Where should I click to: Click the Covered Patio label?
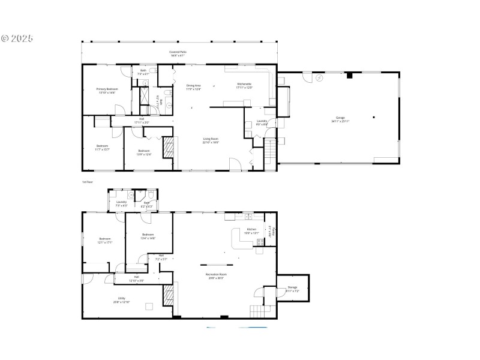coord(178,52)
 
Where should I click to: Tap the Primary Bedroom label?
coord(107,89)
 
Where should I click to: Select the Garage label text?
coord(340,118)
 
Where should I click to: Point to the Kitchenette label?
coord(244,84)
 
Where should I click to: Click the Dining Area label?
coord(193,85)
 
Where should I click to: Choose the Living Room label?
coord(210,139)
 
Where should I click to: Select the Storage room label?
coord(292,287)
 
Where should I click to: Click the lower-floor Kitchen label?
coord(251,229)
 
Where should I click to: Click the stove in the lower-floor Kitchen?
coord(260,242)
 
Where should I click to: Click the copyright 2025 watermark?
coord(17,38)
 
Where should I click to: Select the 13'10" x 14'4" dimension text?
coord(107,92)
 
